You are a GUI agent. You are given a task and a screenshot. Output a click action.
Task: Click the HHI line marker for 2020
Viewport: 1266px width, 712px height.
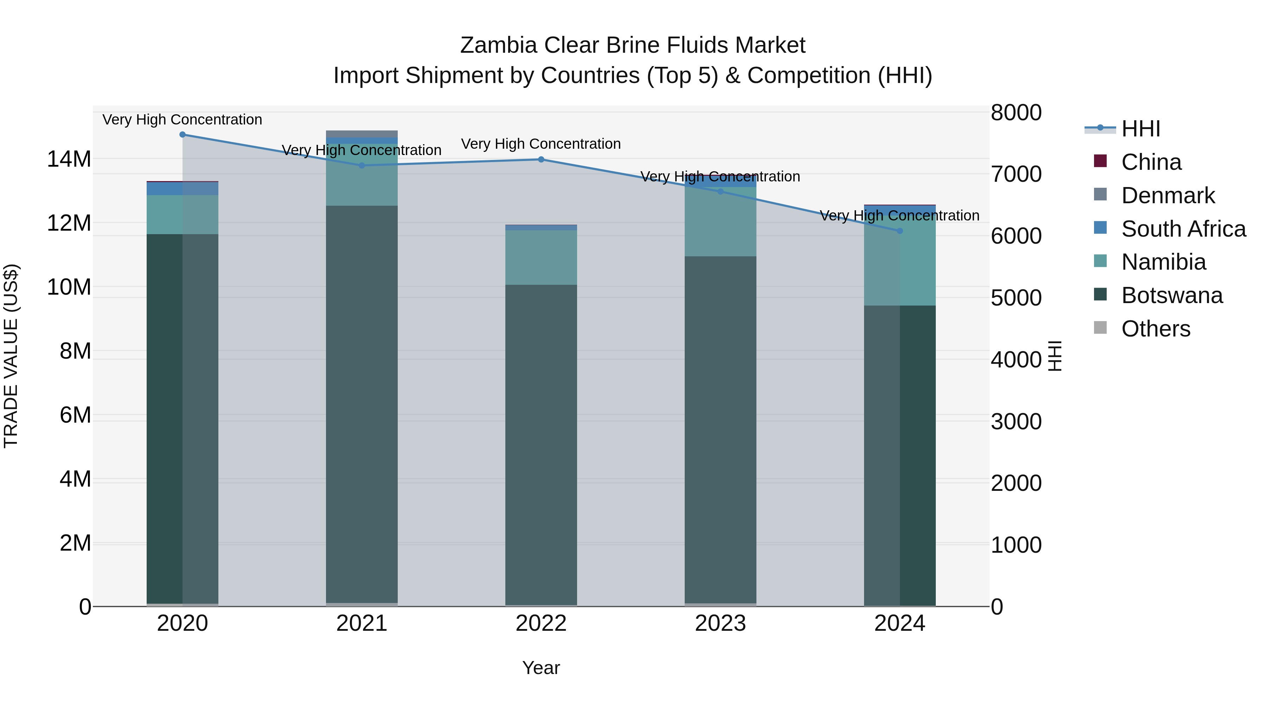coord(182,135)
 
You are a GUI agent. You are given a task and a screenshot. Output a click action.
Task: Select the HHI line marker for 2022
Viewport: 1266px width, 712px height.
coord(541,159)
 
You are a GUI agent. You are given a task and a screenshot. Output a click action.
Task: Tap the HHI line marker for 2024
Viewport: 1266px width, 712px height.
coord(900,231)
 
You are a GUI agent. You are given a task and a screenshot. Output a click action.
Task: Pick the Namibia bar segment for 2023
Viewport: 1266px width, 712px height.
coord(721,221)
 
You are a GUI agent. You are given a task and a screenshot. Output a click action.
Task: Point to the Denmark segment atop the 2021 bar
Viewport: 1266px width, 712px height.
coord(362,134)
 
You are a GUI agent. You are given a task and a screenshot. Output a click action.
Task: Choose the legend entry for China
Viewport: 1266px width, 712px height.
coord(1151,162)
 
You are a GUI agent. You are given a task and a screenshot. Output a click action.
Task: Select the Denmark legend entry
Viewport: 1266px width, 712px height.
coord(1167,195)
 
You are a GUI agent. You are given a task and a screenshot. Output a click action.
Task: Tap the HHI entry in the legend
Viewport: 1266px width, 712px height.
coord(1140,129)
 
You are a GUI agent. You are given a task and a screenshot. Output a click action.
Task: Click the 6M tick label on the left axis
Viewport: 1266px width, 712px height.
coord(75,415)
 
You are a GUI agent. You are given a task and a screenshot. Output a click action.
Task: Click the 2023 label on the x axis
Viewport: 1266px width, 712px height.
coord(721,623)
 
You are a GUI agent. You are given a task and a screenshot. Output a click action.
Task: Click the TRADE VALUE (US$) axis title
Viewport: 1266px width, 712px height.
coord(11,356)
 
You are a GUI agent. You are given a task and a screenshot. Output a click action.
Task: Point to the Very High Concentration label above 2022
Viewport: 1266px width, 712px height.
coord(541,144)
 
